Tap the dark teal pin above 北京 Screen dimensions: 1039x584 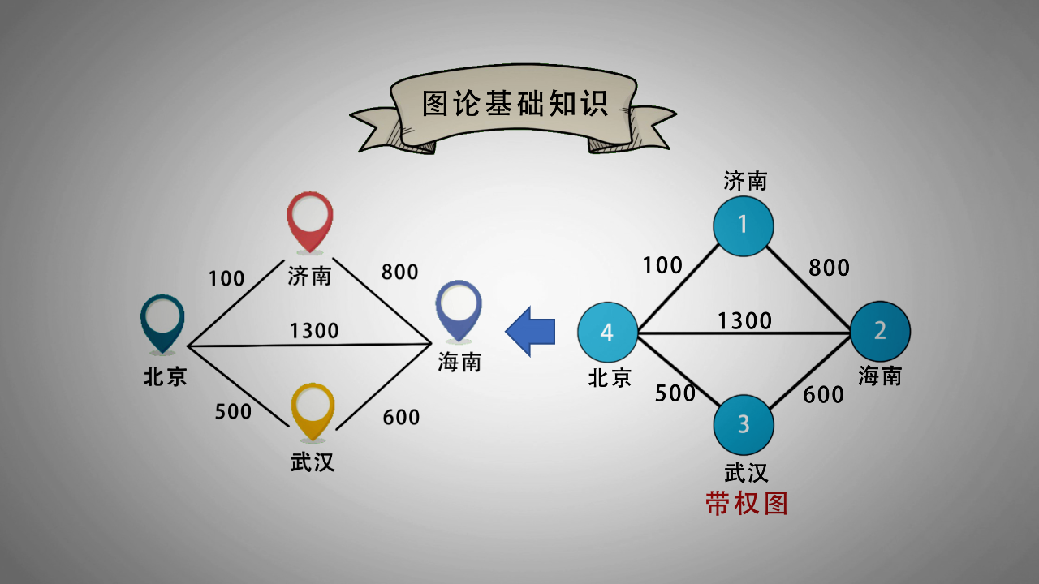coord(163,322)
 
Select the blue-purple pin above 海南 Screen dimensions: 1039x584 coord(459,307)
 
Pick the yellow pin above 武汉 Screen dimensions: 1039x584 coord(313,410)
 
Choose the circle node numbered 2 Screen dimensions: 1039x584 coord(880,331)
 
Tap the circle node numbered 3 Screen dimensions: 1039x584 coord(744,424)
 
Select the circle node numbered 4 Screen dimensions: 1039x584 coord(607,333)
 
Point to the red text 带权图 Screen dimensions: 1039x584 coord(747,504)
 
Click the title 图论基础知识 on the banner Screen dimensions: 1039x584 coord(515,104)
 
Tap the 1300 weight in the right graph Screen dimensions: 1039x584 coord(744,321)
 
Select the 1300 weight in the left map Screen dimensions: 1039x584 coord(314,331)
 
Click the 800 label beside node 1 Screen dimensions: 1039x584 coord(829,268)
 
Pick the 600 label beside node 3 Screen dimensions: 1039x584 coord(824,395)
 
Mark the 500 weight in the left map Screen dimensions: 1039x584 coord(233,412)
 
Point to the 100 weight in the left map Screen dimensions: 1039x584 coord(226,279)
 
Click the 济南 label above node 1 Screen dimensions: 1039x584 coord(745,181)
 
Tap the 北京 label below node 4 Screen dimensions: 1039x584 coord(610,378)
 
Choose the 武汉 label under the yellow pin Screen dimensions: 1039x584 coord(313,462)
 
